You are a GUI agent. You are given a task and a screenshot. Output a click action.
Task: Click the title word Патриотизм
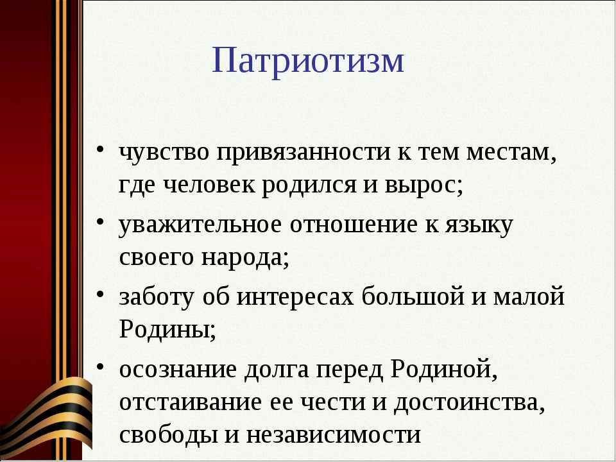pos(309,61)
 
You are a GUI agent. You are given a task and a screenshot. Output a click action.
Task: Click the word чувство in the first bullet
pos(164,152)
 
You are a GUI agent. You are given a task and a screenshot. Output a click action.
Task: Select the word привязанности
pos(304,153)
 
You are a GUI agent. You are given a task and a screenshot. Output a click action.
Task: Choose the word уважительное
pos(200,225)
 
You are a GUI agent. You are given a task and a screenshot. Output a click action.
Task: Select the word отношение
pos(354,225)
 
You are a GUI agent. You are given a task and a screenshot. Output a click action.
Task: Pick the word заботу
pos(157,296)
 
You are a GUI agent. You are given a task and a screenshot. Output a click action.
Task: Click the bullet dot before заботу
pos(100,294)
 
